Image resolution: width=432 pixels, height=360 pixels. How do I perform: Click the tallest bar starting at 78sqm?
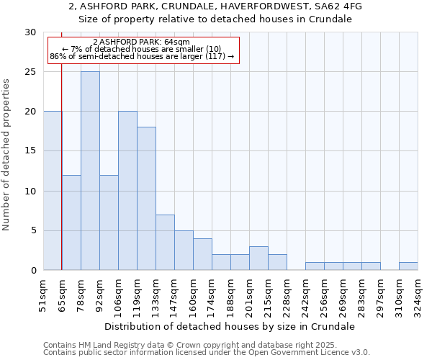(x=90, y=171)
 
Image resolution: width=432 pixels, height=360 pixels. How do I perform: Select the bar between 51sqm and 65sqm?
(x=53, y=191)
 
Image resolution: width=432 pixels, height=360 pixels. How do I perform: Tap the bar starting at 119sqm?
(x=146, y=199)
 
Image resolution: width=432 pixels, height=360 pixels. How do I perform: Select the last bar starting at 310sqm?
(x=408, y=266)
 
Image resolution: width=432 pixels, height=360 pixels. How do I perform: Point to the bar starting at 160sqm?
(x=202, y=254)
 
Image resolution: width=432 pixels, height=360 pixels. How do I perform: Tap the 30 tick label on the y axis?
(x=30, y=32)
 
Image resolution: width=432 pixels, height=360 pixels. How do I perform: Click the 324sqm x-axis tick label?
(x=418, y=295)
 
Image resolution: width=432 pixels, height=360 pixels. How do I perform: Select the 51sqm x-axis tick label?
(x=43, y=295)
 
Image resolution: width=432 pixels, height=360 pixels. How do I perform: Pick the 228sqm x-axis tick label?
(x=287, y=295)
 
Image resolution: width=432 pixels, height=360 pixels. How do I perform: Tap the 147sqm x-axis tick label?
(x=174, y=295)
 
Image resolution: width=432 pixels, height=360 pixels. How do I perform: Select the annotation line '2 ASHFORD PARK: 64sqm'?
(x=142, y=42)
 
